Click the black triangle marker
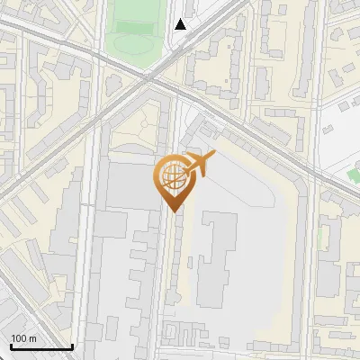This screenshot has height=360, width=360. pyautogui.click(x=181, y=24)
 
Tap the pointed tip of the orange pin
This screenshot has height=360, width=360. pyautogui.click(x=172, y=211)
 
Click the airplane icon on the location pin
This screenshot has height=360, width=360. pyautogui.click(x=197, y=164)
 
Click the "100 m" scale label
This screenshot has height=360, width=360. pyautogui.click(x=23, y=338)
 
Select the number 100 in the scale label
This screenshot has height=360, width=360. pyautogui.click(x=19, y=338)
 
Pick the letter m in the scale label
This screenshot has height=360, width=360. pyautogui.click(x=32, y=338)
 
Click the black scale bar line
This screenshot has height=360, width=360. pyautogui.click(x=40, y=346)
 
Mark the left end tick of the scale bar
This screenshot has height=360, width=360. pyautogui.click(x=11, y=345)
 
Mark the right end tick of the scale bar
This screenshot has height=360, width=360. pyautogui.click(x=72, y=345)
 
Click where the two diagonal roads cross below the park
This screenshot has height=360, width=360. pyautogui.click(x=148, y=79)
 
